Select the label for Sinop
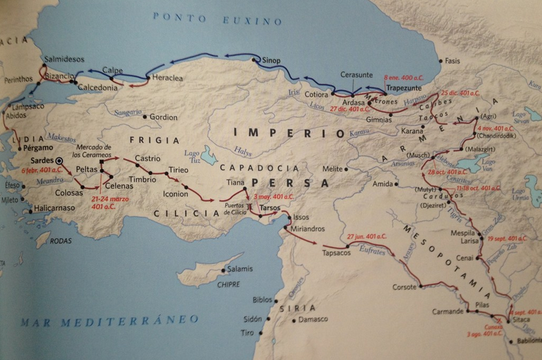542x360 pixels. point(271,61)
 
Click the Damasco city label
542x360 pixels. point(313,320)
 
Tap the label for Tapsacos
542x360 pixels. point(336,253)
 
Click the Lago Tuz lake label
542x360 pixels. point(195,158)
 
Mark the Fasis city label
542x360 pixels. point(452,60)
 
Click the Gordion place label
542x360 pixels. point(164,117)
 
